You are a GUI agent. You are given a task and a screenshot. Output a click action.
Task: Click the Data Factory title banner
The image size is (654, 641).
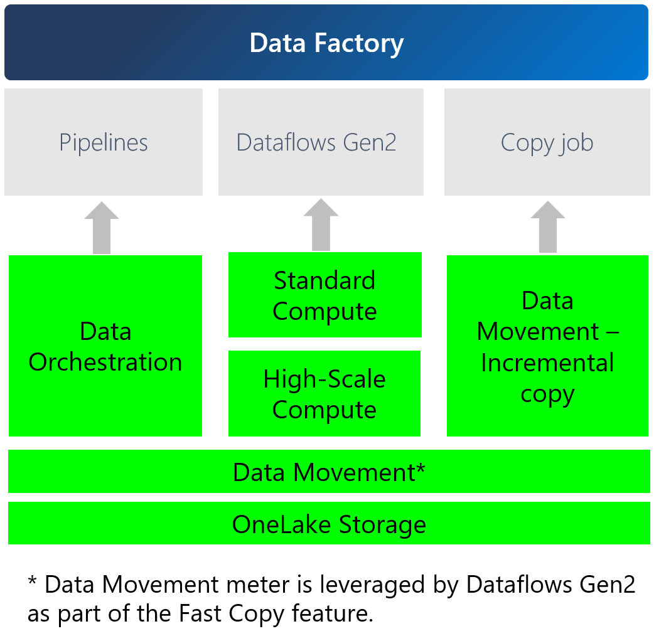tap(326, 43)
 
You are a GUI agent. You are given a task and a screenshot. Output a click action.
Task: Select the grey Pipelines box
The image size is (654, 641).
tap(104, 142)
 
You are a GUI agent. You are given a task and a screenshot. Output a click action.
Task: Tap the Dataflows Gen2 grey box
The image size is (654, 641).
tap(321, 142)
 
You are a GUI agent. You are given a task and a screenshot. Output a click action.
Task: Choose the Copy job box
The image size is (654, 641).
tap(547, 142)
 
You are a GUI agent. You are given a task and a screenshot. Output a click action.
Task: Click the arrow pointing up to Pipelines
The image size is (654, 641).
tap(102, 228)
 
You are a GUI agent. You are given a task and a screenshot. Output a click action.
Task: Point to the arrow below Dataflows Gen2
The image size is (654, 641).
tap(321, 226)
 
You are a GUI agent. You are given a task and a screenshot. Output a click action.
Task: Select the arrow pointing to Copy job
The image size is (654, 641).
tap(547, 227)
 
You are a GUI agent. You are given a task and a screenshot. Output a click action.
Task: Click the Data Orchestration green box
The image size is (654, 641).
tap(105, 346)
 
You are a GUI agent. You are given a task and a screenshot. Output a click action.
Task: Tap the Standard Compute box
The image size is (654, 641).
tap(324, 295)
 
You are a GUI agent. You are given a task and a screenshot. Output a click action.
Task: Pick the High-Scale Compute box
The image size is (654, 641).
tap(324, 393)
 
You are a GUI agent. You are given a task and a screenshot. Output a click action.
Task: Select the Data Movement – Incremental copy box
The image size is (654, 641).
tap(547, 346)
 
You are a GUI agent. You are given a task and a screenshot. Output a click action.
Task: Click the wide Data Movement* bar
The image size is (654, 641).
tap(328, 472)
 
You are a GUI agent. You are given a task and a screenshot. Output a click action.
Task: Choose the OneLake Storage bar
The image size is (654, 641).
tap(328, 524)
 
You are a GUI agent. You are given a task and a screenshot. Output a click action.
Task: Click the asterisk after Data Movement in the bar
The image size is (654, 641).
tap(420, 469)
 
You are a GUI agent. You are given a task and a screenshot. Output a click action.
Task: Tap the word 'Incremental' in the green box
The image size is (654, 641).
tap(547, 363)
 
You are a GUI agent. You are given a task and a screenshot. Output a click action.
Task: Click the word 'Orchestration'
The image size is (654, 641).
tap(105, 363)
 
